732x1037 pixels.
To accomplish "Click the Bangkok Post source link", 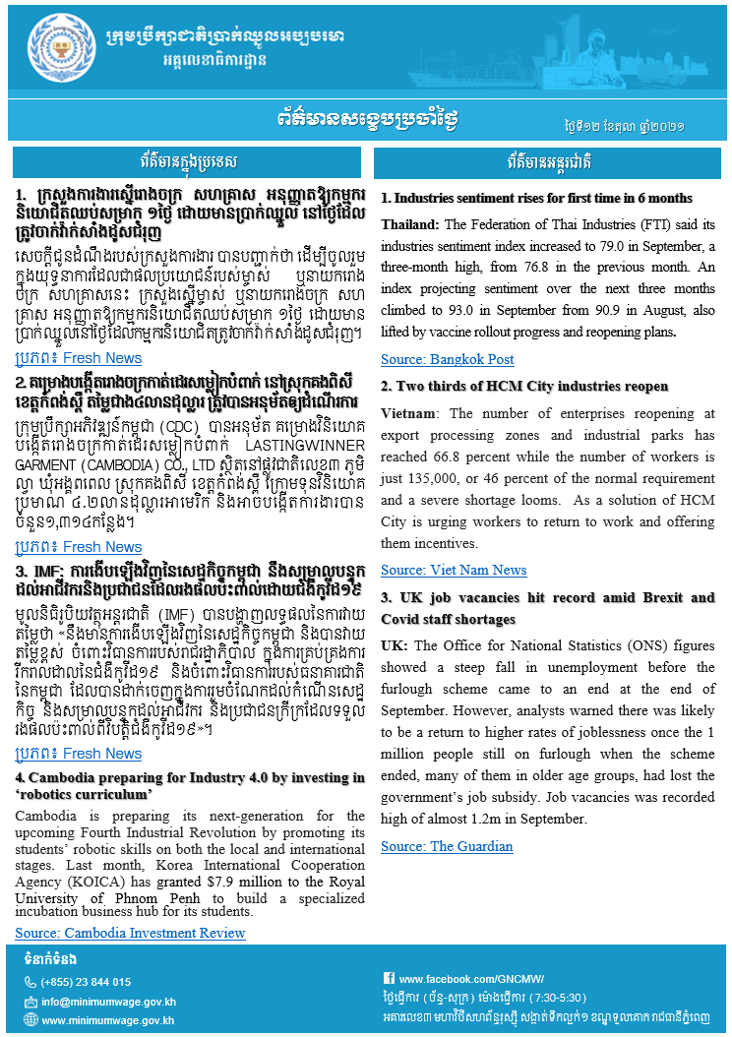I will pyautogui.click(x=447, y=359).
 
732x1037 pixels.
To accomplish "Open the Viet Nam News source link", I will pyautogui.click(x=453, y=570).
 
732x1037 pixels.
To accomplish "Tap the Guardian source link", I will pyautogui.click(x=447, y=846).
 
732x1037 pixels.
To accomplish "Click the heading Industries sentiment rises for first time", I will pyautogui.click(x=536, y=198).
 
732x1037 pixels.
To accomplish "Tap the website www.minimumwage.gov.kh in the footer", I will pyautogui.click(x=108, y=1020).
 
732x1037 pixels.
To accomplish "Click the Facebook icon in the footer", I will pyautogui.click(x=389, y=979).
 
